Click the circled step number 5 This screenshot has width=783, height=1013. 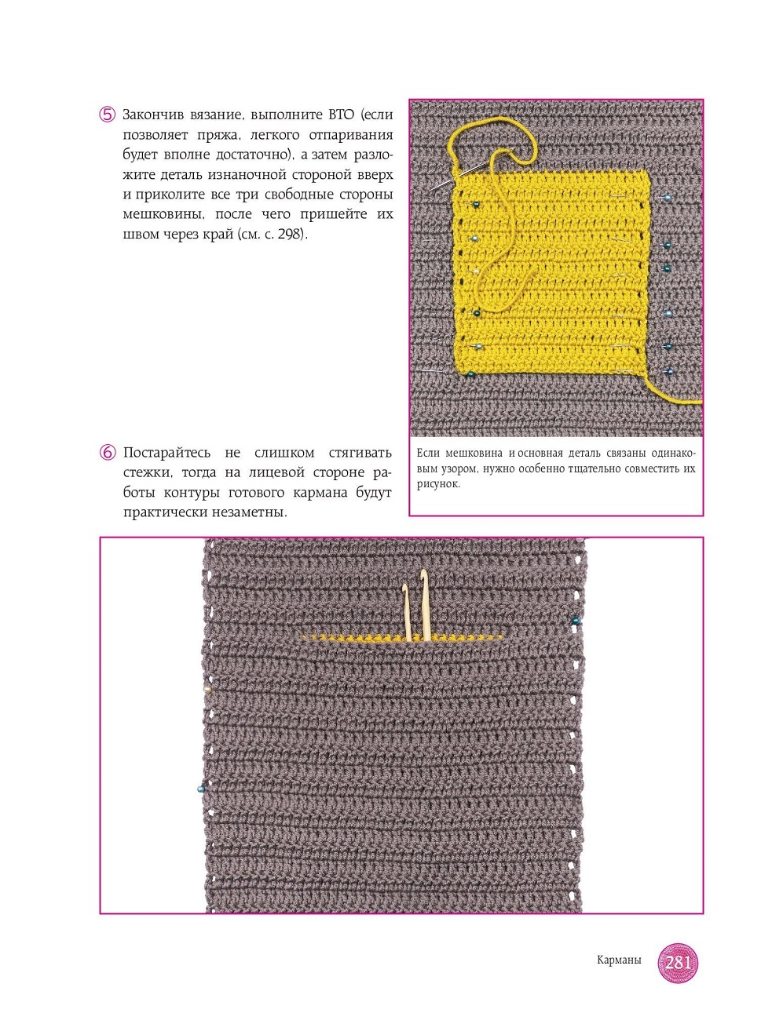click(x=108, y=115)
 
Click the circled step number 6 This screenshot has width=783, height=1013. click(x=108, y=453)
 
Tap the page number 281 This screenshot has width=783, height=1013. click(x=677, y=962)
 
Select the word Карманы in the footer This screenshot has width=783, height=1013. click(x=619, y=960)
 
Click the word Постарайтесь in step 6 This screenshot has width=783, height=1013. click(x=166, y=453)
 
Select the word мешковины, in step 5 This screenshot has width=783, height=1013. click(x=163, y=214)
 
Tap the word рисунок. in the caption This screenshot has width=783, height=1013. click(x=438, y=484)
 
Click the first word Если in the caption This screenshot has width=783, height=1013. click(x=428, y=453)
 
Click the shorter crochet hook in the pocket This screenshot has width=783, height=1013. click(x=407, y=612)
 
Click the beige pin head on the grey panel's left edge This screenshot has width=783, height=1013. click(x=207, y=689)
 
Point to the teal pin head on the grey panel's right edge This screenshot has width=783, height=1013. click(x=576, y=621)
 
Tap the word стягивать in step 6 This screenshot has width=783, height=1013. click(x=360, y=453)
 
